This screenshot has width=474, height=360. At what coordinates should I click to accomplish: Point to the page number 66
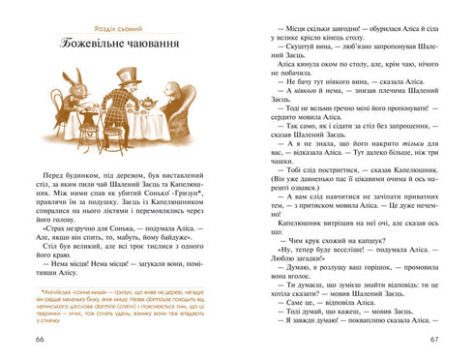(40, 338)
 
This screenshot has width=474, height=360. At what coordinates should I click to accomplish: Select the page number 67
(434, 338)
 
